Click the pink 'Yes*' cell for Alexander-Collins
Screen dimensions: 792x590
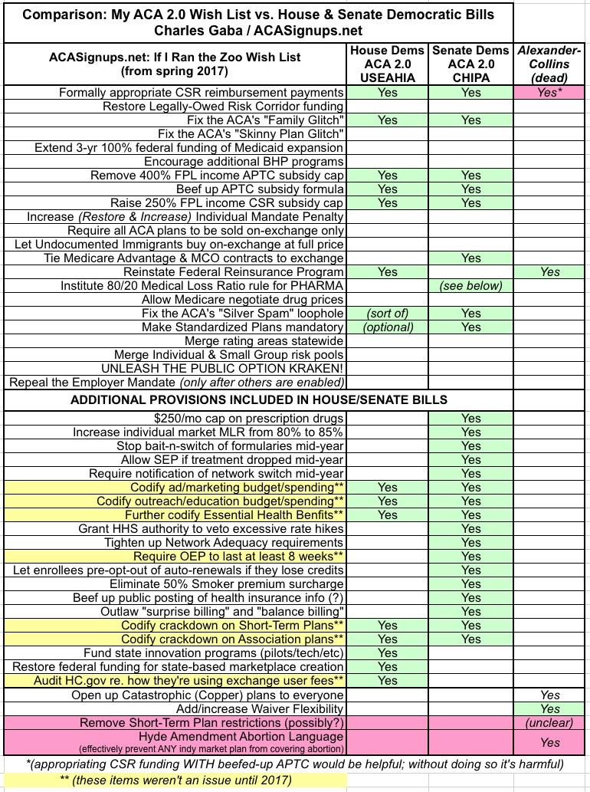tap(549, 93)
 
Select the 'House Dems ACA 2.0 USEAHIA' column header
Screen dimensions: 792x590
tap(388, 64)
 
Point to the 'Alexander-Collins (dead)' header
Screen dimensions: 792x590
tap(549, 64)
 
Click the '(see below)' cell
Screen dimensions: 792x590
tap(471, 286)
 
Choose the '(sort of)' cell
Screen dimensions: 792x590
tap(388, 314)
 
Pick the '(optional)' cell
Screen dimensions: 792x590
tap(388, 327)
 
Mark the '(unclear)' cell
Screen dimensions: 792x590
tap(549, 723)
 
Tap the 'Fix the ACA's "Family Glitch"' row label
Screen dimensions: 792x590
tap(265, 120)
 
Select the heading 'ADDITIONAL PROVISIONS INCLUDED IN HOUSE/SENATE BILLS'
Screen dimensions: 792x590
tap(259, 400)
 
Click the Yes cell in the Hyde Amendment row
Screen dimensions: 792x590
tap(549, 742)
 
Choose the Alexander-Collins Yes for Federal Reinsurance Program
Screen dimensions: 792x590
tap(549, 272)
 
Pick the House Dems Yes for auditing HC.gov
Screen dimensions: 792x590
tap(388, 681)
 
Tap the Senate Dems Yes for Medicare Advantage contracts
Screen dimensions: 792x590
tap(471, 258)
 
